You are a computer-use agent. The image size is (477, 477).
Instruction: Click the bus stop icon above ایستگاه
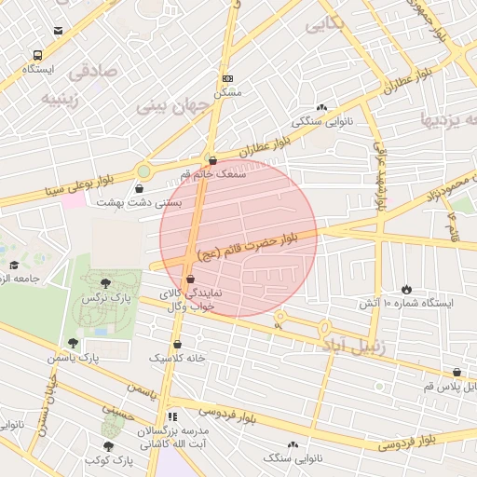pos(37,55)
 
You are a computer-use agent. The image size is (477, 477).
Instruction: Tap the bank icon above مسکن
pos(228,78)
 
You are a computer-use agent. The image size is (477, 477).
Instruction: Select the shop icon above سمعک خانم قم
pos(213,159)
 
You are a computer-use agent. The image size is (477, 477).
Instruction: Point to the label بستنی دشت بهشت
pos(140,202)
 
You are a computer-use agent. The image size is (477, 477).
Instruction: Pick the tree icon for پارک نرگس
pos(106,283)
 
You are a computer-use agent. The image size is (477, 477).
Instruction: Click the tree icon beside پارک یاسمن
pos(74,343)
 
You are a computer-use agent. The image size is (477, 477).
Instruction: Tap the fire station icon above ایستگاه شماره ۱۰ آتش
pos(405,290)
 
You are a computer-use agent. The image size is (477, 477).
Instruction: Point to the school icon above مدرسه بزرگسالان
pos(171,416)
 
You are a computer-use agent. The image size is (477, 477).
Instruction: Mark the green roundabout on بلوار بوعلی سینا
pos(144,171)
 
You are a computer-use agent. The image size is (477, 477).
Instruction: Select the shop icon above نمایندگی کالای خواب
pos(190,279)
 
